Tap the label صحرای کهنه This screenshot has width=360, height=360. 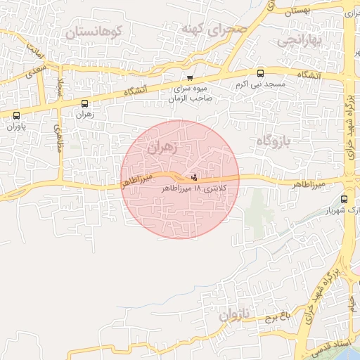[214, 30]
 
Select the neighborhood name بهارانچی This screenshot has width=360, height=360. [300, 41]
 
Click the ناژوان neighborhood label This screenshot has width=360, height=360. [234, 316]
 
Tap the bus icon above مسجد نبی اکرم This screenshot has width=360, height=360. [261, 73]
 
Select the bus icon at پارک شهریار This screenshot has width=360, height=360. [344, 199]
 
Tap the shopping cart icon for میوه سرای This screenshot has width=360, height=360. [189, 78]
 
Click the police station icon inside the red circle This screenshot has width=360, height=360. [194, 176]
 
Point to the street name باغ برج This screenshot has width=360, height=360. [278, 318]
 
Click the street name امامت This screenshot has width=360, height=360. [35, 51]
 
